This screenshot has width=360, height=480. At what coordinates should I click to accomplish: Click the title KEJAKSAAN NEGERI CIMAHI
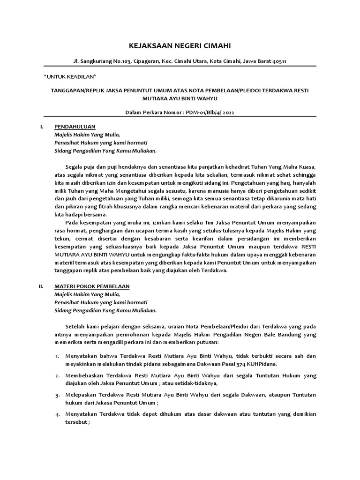tap(180, 45)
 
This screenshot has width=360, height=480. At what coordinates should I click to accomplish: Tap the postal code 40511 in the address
tap(279, 61)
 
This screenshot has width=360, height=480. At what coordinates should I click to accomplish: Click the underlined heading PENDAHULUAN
tap(75, 127)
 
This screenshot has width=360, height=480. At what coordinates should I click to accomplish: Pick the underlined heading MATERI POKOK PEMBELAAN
tap(92, 286)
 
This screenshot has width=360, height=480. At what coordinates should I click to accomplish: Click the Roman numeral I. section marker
tap(42, 127)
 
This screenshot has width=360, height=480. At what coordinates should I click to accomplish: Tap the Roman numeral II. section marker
tap(41, 286)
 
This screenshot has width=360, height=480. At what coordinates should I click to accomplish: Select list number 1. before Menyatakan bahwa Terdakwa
tap(57, 356)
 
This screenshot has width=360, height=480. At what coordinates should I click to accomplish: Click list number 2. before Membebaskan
tap(57, 375)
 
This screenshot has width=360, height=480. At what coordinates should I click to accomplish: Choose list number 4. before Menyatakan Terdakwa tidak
tap(57, 414)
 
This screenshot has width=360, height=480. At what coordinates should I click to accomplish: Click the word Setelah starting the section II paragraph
tap(76, 326)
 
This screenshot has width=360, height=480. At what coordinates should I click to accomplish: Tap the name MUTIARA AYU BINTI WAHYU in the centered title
tap(180, 99)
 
